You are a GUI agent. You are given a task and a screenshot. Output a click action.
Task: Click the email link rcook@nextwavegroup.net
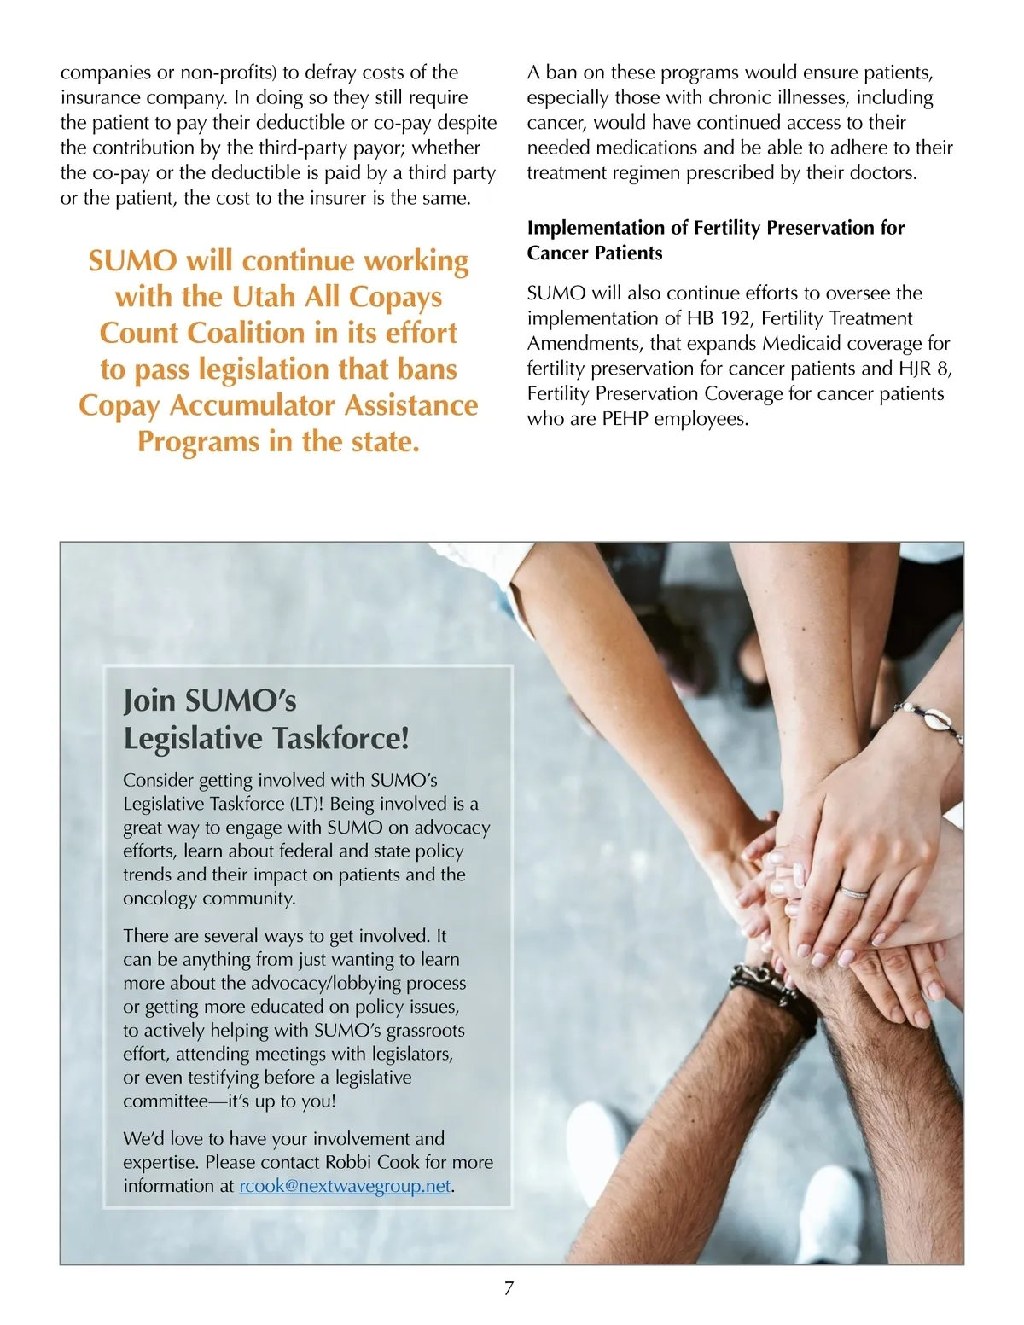(345, 1186)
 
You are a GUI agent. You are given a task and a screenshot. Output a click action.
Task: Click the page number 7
(509, 1288)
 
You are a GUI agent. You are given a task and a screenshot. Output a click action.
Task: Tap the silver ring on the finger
(853, 892)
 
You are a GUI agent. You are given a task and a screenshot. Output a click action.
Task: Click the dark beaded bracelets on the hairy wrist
(772, 990)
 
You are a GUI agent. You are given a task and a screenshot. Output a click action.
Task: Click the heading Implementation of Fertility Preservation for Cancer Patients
(715, 240)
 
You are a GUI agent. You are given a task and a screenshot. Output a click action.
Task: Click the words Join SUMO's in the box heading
(210, 700)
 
